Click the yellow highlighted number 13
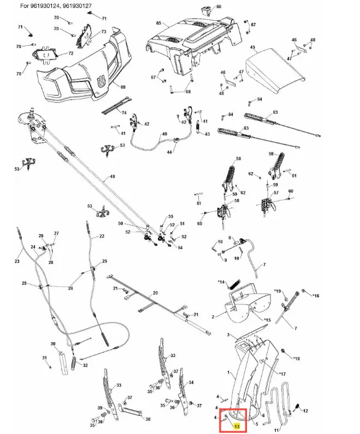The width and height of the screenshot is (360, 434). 236,426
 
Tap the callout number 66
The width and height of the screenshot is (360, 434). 219,7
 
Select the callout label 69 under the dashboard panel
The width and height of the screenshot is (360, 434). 123,87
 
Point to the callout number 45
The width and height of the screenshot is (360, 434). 252,48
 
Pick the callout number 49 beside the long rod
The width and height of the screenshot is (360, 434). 112,177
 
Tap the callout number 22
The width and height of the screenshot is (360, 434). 102,237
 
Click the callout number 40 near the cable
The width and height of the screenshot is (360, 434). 164,134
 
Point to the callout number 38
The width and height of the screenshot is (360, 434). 147,420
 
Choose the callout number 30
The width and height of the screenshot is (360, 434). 53,344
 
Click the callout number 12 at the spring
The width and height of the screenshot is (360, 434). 305,410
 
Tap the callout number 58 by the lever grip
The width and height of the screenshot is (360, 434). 238,159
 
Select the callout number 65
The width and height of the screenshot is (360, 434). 158,24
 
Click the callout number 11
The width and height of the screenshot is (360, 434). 276,430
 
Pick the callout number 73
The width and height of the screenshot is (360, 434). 103,32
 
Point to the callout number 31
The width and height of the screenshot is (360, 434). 45,358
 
